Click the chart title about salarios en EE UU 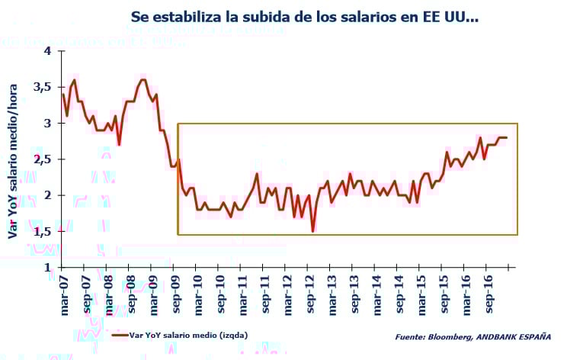(304, 16)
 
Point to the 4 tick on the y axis (46, 51)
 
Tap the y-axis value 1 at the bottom (46, 268)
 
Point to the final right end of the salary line (506, 137)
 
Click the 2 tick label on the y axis (46, 195)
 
